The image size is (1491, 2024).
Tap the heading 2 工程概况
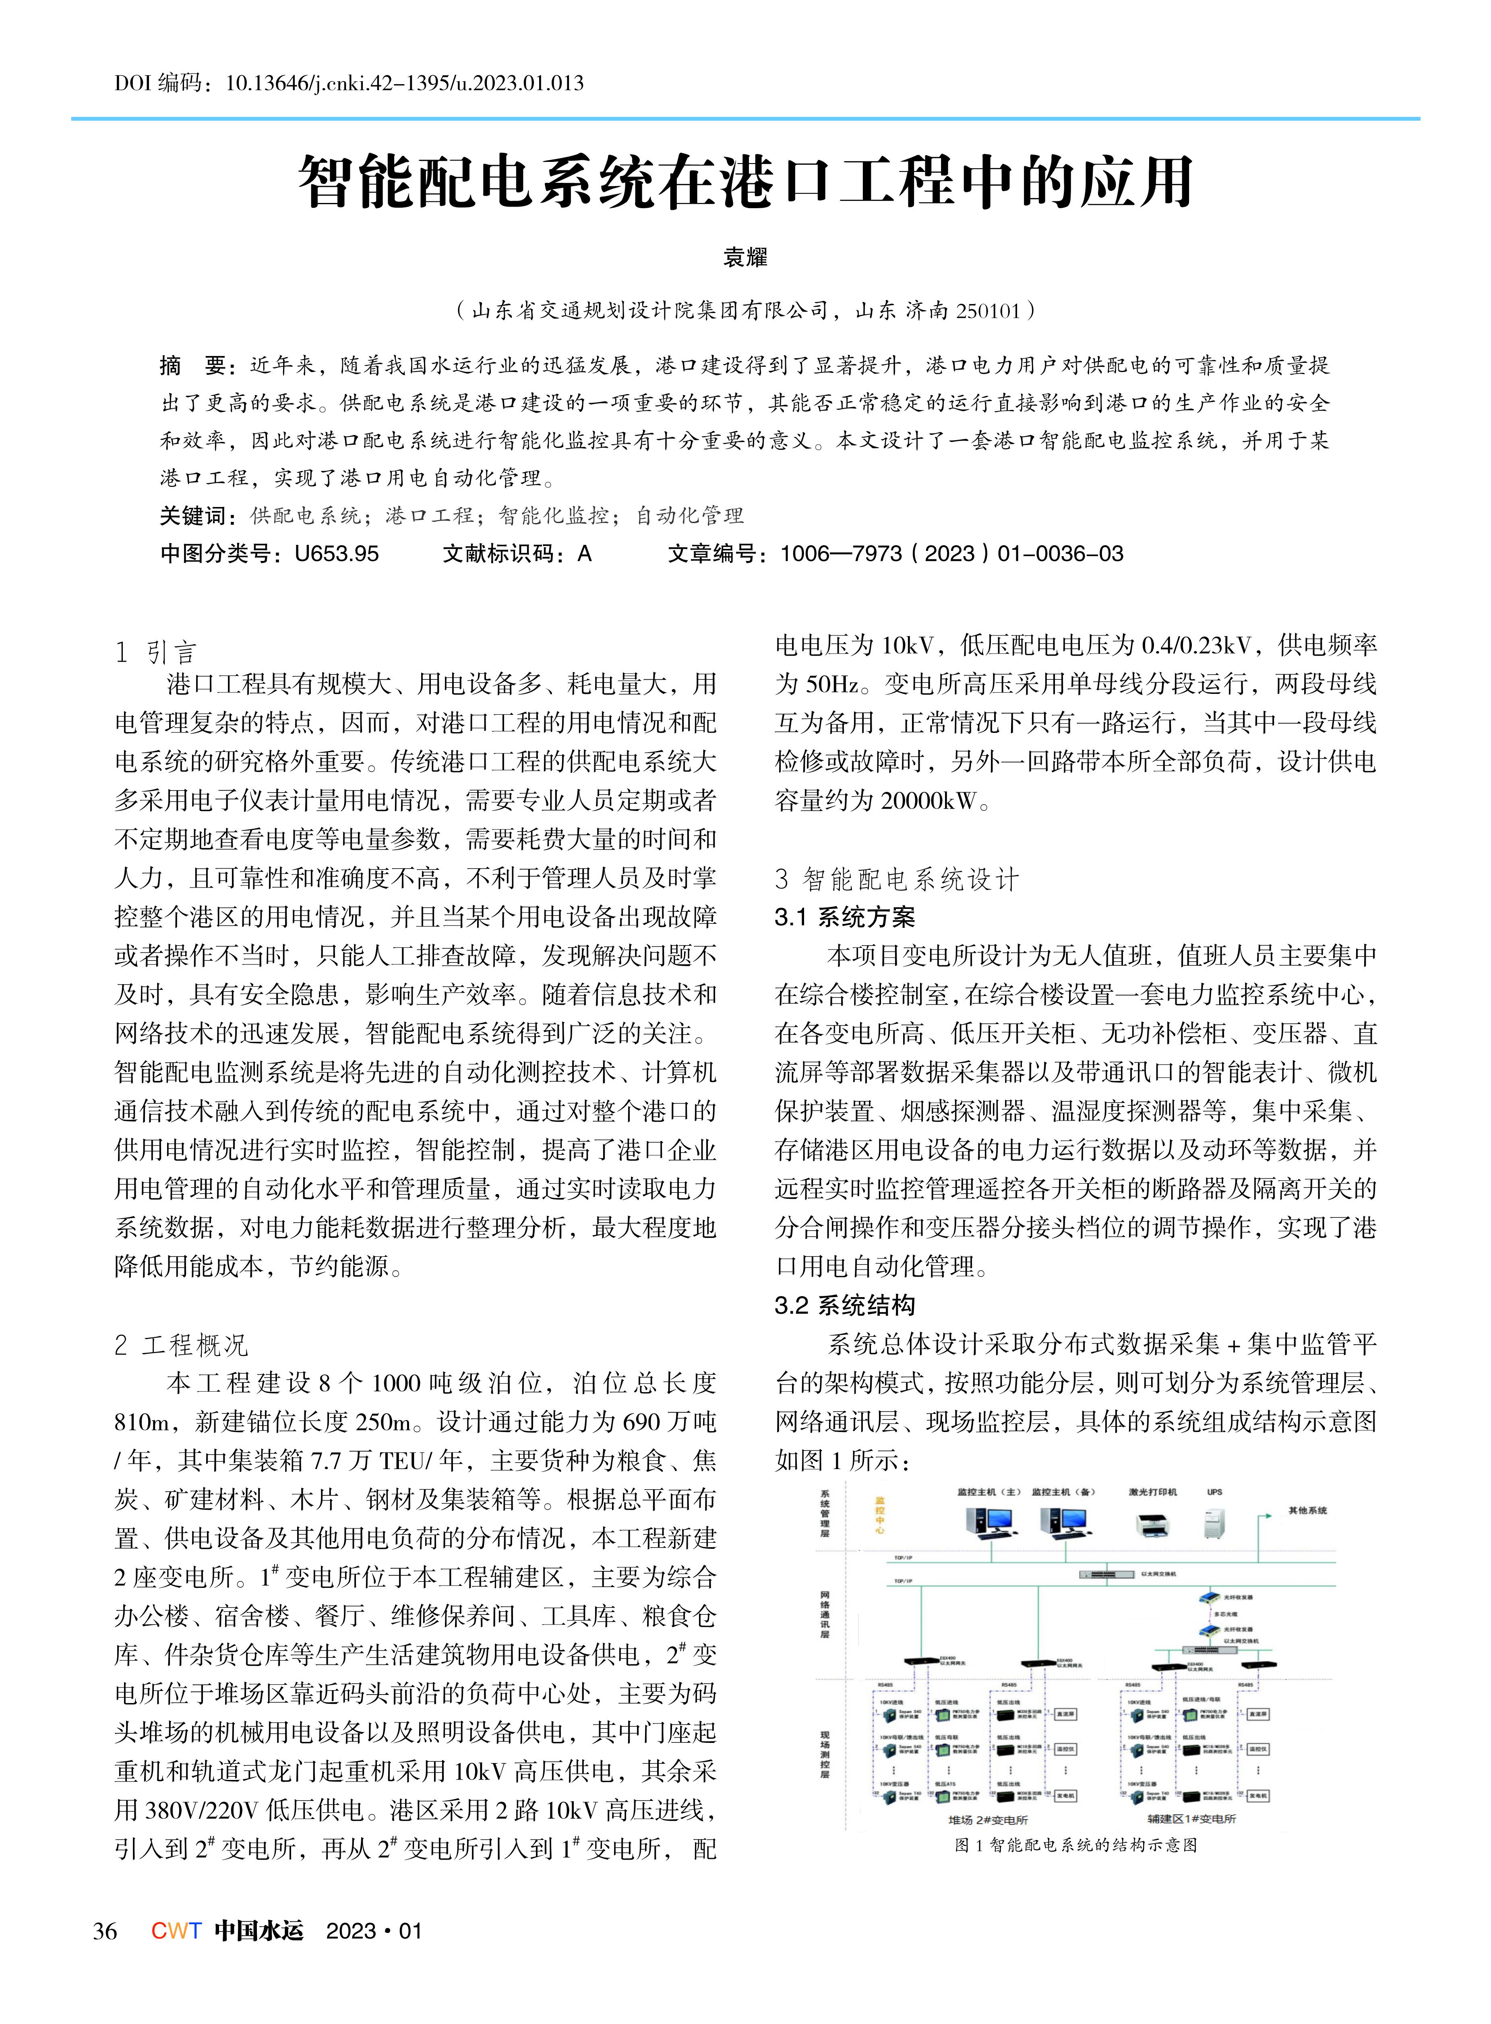click(180, 1344)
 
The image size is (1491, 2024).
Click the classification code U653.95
click(337, 553)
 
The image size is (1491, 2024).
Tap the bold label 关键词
click(192, 515)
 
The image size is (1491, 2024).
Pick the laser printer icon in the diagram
click(1152, 1525)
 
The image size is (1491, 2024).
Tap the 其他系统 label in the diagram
click(1307, 1510)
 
